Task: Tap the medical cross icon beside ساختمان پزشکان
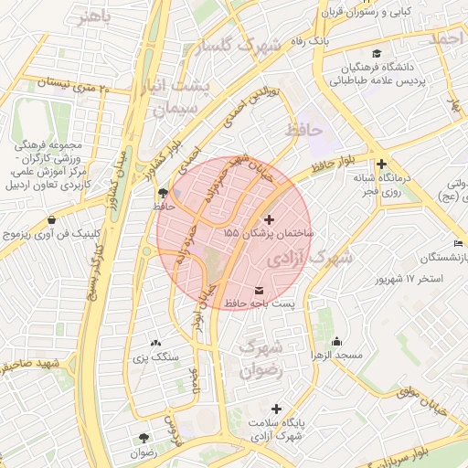(x=268, y=219)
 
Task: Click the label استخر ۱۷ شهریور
(x=406, y=278)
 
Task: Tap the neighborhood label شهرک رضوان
(x=259, y=358)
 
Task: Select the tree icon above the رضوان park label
(x=143, y=438)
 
